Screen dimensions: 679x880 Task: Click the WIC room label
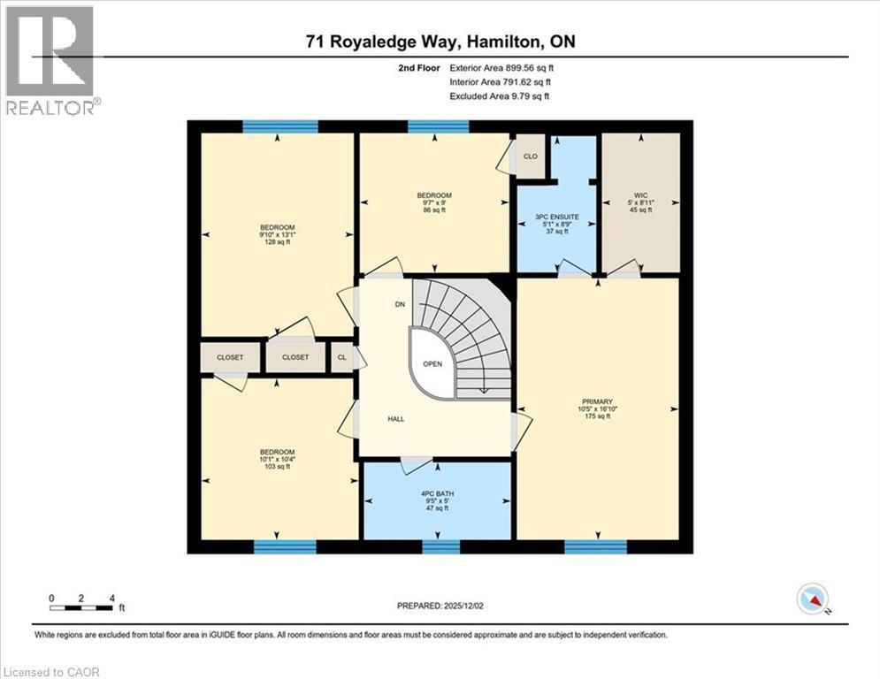[641, 195]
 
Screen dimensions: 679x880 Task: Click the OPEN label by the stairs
[432, 363]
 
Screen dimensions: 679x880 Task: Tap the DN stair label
[401, 304]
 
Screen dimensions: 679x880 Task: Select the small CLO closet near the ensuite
[531, 156]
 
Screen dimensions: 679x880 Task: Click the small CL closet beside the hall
[341, 357]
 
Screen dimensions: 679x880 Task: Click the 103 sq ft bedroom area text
[277, 466]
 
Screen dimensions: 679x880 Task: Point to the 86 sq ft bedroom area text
[434, 210]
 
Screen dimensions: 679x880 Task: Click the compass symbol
[811, 599]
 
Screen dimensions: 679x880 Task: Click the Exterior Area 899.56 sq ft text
[501, 67]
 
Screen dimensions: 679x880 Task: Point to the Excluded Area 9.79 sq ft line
[499, 95]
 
